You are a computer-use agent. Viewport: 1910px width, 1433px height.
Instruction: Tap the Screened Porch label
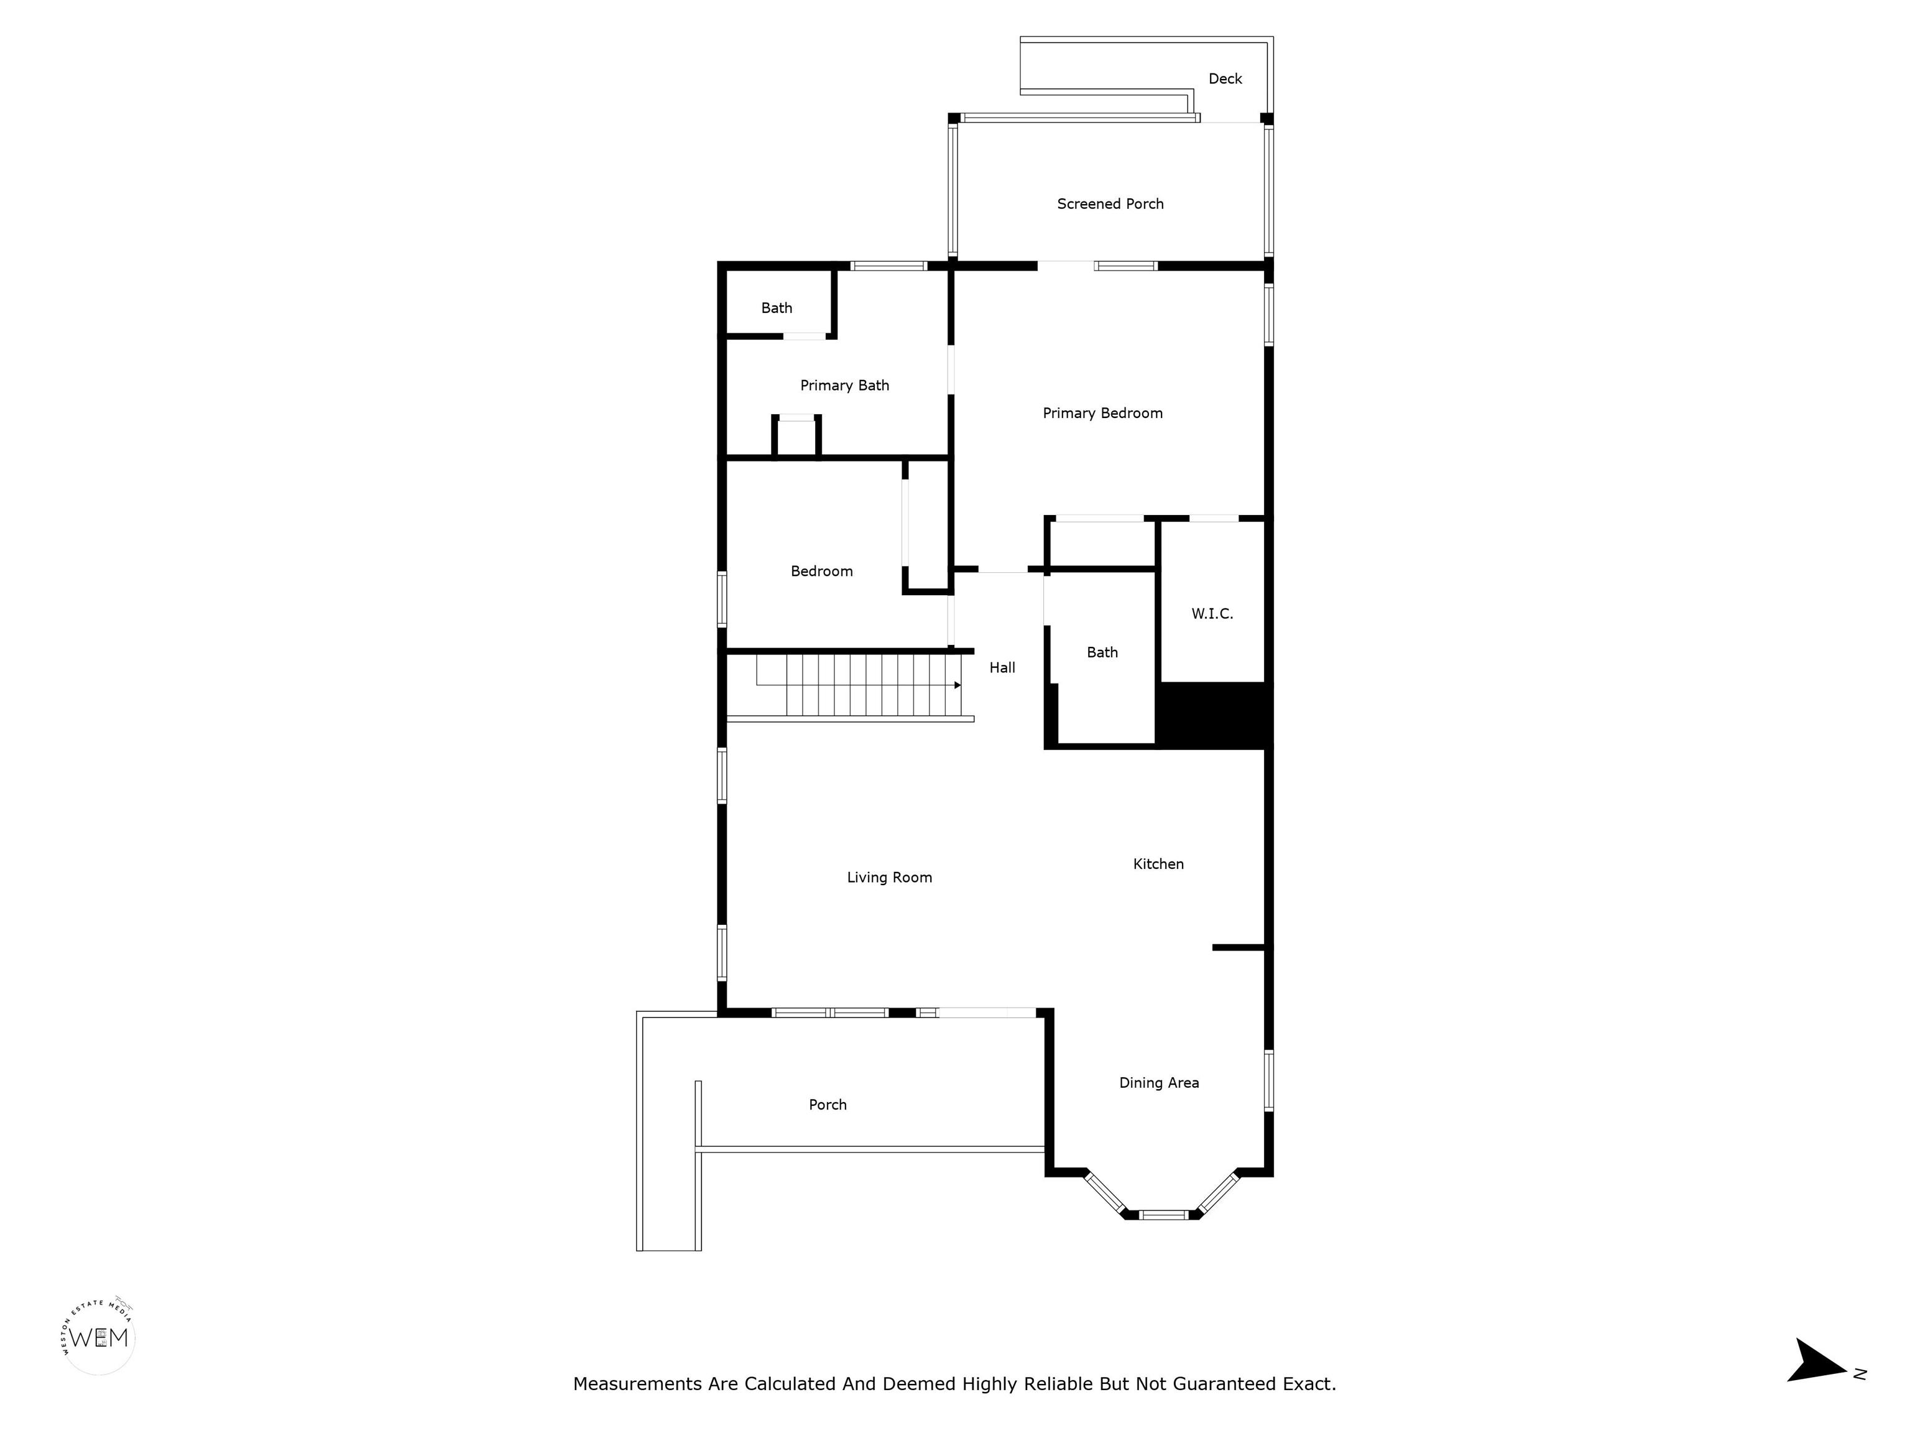tap(1110, 204)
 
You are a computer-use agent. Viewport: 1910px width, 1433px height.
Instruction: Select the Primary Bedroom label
tap(1102, 413)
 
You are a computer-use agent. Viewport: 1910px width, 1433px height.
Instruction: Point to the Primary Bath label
tap(844, 385)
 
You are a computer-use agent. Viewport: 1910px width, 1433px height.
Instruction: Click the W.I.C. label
tap(1212, 613)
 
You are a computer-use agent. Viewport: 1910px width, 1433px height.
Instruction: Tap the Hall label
tap(1002, 668)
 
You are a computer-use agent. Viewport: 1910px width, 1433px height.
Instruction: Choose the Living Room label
tap(889, 878)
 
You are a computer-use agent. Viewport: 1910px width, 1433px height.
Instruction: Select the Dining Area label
tap(1159, 1083)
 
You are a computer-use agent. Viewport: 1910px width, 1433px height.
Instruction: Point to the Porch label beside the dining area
tap(827, 1105)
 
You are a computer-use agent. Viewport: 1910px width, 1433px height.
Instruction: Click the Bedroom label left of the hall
tap(821, 571)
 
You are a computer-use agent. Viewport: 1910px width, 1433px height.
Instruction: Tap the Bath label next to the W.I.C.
tap(1102, 652)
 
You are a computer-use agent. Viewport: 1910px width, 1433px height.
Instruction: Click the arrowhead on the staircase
tap(957, 685)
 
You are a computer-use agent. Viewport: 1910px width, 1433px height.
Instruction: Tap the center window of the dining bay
tap(1163, 1215)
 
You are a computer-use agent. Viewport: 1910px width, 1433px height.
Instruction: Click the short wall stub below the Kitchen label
tap(1239, 948)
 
